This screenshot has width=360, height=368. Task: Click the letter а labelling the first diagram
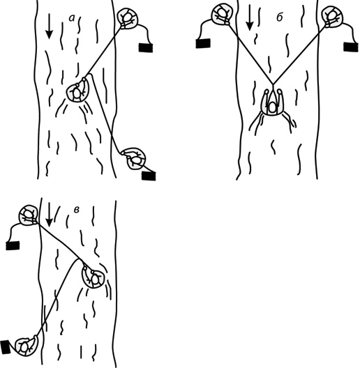pyautogui.click(x=72, y=18)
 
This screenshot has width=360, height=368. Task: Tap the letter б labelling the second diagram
pyautogui.click(x=279, y=17)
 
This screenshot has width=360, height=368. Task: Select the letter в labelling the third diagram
pyautogui.click(x=76, y=210)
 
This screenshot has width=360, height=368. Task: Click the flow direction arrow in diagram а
pyautogui.click(x=49, y=26)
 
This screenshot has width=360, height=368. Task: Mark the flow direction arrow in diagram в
pyautogui.click(x=49, y=215)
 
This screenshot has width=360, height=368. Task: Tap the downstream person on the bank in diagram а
pyautogui.click(x=135, y=159)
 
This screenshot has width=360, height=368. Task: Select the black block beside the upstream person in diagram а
pyautogui.click(x=146, y=47)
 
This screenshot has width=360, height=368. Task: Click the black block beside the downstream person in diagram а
pyautogui.click(x=149, y=176)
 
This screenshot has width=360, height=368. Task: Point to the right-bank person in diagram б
pyautogui.click(x=332, y=17)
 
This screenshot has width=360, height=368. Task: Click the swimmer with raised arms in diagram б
pyautogui.click(x=272, y=102)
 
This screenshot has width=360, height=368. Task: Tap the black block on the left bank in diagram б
pyautogui.click(x=203, y=43)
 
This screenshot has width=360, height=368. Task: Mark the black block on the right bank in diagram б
pyautogui.click(x=351, y=47)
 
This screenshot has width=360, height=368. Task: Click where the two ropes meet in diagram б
pyautogui.click(x=273, y=84)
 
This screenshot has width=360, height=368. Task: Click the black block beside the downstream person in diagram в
pyautogui.click(x=5, y=347)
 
